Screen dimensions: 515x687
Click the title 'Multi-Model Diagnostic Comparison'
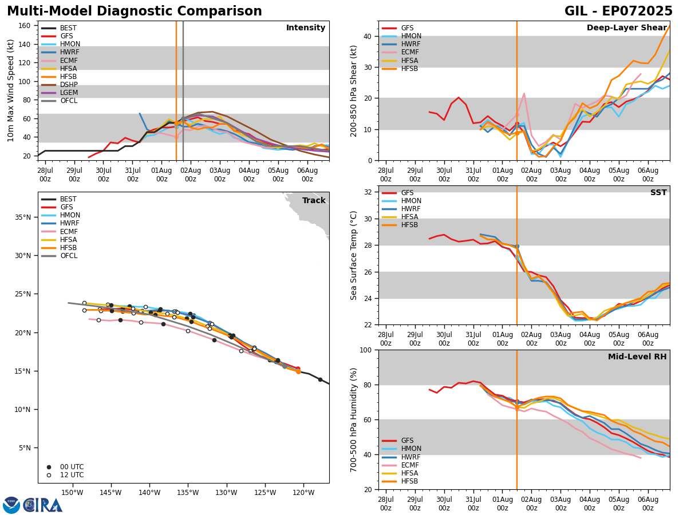[135, 11]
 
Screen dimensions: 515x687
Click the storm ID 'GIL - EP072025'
[618, 11]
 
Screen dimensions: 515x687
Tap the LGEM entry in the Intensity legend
[69, 93]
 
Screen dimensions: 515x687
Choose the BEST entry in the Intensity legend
[68, 28]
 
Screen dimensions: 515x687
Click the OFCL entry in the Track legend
[69, 256]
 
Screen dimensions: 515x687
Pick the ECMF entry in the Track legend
[69, 232]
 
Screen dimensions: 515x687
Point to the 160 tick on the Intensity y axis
[25, 26]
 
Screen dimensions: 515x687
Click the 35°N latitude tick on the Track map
[22, 217]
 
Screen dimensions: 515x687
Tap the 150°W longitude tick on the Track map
[72, 492]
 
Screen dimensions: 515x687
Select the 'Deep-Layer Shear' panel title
[626, 28]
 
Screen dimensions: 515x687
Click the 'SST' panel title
[658, 193]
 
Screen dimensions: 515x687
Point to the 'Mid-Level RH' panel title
[637, 357]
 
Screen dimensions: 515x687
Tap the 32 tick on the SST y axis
[369, 192]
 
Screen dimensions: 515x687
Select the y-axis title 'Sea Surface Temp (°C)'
[354, 255]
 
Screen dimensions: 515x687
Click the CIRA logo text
[43, 505]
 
